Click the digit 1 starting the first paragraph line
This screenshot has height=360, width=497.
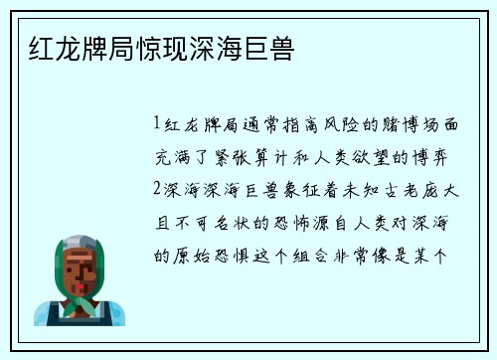click(157, 125)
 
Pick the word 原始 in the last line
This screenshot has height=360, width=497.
click(209, 254)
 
